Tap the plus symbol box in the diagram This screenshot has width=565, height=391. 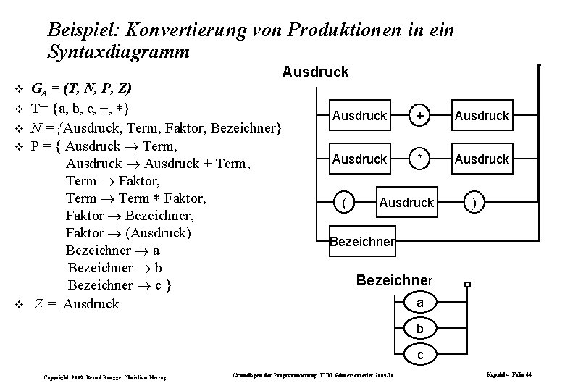click(419, 116)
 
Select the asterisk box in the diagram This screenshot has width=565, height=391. click(419, 158)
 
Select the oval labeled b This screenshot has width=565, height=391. click(421, 329)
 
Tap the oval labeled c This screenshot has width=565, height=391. click(421, 356)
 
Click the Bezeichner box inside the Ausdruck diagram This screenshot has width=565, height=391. click(362, 242)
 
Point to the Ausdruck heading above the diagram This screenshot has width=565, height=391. click(315, 72)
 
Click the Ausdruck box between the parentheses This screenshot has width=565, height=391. click(406, 203)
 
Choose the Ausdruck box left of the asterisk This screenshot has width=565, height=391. click(360, 158)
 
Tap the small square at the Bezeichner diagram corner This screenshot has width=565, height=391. click(469, 285)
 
